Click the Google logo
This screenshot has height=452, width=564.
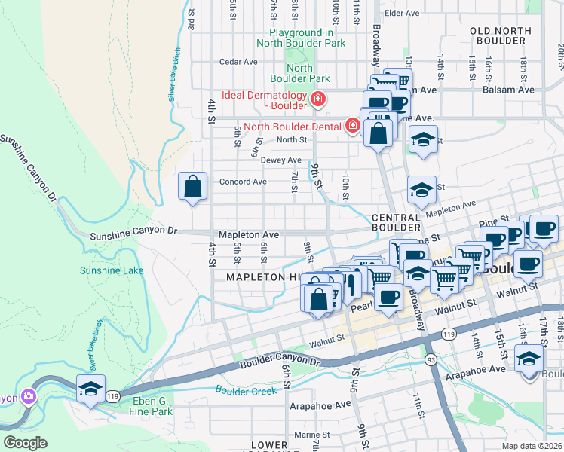24,443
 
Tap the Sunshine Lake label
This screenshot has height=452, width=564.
112,270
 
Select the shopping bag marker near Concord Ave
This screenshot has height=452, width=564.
193,186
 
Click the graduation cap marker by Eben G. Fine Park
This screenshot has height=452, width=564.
90,389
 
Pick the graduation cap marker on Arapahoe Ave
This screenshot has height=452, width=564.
529,359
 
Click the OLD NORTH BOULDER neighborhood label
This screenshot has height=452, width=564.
500,35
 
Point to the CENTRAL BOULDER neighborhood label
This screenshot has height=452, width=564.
396,222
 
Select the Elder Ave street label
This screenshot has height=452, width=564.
401,14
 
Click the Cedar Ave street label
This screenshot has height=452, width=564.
233,62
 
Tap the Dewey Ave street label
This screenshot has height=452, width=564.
280,160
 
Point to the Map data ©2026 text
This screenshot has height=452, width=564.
532,445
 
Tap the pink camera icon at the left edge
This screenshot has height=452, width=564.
28,395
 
